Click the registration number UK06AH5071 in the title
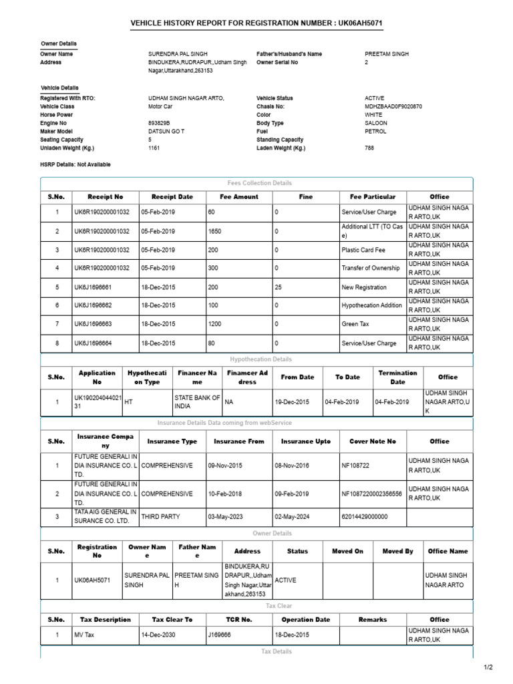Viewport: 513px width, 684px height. (x=360, y=24)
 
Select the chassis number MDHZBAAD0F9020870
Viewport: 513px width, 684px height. (x=393, y=106)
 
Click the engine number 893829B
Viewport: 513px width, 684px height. (x=159, y=123)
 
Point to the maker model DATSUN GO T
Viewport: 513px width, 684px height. (x=166, y=132)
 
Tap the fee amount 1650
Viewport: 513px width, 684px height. (x=214, y=231)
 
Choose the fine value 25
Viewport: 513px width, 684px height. (x=278, y=287)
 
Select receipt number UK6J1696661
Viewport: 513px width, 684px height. (x=93, y=287)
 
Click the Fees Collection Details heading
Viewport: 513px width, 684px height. (x=260, y=183)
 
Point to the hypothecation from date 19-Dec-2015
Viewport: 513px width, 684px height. (x=292, y=402)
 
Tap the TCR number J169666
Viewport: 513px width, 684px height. (x=219, y=635)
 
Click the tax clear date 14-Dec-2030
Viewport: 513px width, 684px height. (x=158, y=635)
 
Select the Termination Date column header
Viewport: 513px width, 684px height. (x=397, y=377)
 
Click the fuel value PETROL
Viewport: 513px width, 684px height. (x=375, y=132)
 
